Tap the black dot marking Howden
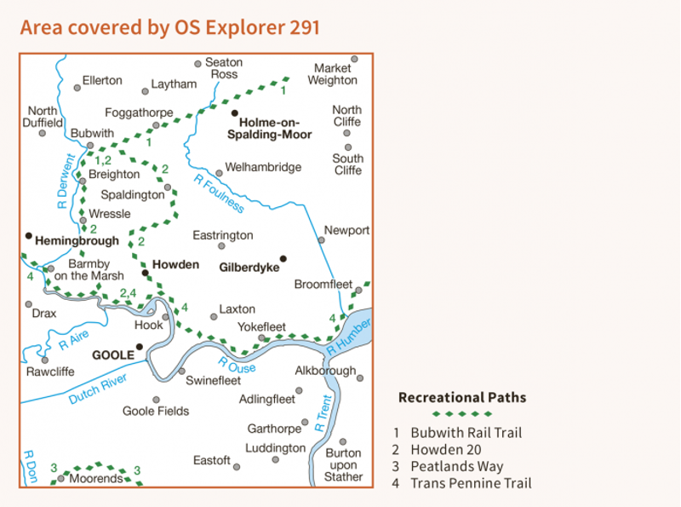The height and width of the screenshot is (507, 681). tap(146, 274)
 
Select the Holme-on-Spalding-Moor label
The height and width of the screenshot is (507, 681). tap(277, 128)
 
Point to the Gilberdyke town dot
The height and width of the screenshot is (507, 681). tap(283, 258)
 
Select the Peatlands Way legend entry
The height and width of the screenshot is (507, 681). tap(455, 466)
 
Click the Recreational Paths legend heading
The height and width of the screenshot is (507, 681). tap(462, 397)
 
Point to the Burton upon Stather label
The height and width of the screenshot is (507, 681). tap(343, 464)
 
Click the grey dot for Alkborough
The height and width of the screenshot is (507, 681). tap(360, 378)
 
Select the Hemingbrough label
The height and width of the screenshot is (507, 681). tap(77, 241)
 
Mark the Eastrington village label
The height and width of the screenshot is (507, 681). tap(223, 235)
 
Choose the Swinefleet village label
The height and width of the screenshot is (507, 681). tap(213, 381)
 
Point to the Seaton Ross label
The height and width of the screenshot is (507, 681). tap(225, 68)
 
